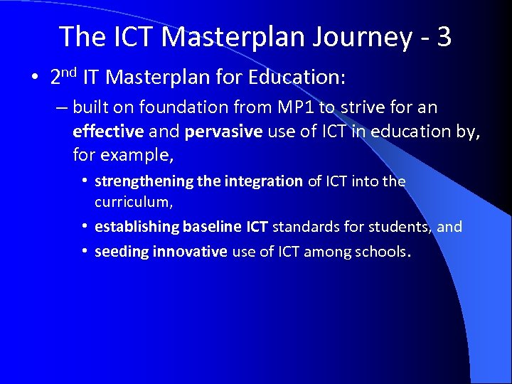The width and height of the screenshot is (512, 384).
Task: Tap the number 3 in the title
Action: pos(444,37)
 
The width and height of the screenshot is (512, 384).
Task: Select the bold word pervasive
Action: pos(220,131)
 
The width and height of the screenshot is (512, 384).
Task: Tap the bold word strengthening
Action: pos(144,181)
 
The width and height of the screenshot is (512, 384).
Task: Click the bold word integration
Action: pos(263,181)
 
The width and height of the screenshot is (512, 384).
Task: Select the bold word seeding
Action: pos(122,251)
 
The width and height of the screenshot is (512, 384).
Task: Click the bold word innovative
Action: pos(189,251)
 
